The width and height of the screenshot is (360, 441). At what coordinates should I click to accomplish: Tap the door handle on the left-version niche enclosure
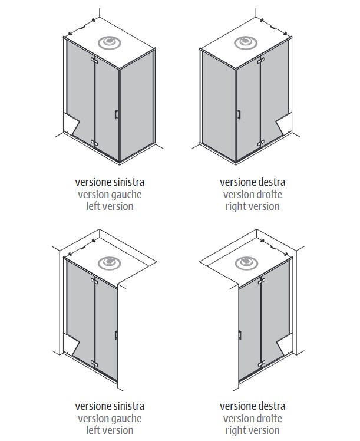pyautogui.click(x=117, y=335)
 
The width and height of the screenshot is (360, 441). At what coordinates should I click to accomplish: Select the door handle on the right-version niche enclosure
pyautogui.click(x=240, y=335)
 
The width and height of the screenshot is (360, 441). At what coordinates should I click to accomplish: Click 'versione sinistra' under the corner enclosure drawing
pyautogui.click(x=110, y=182)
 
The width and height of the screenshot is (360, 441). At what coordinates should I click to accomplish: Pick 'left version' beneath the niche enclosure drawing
pyautogui.click(x=110, y=430)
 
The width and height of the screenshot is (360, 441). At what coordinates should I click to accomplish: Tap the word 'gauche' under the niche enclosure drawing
pyautogui.click(x=126, y=419)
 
